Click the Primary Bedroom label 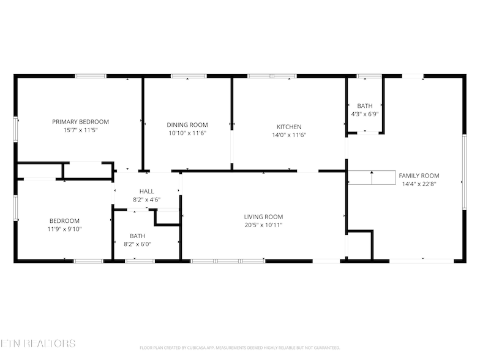(80, 122)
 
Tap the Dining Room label (187, 125)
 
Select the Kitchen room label (289, 127)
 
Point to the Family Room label (419, 175)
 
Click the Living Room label (263, 217)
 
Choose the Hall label (146, 192)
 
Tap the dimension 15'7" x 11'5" (80, 130)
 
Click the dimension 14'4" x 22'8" (419, 183)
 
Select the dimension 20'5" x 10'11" (263, 225)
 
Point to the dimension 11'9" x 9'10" (64, 229)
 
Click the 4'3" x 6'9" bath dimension (365, 114)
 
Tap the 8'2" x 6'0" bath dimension (137, 244)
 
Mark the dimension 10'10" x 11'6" (187, 133)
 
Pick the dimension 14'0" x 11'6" (289, 135)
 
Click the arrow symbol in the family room (372, 178)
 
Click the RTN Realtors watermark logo (38, 344)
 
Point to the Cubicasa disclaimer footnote (239, 347)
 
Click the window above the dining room (189, 76)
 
